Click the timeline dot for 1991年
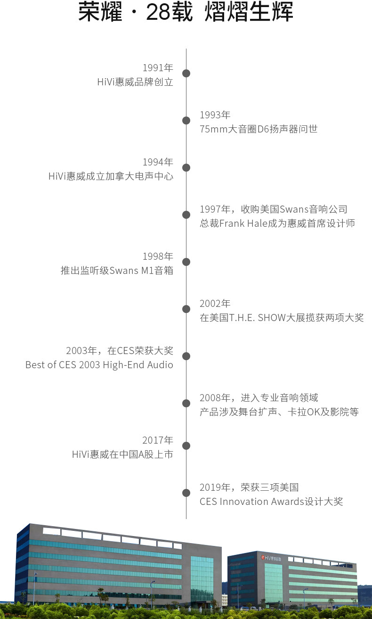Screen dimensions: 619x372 tap(186, 73)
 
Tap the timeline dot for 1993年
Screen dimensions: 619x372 tap(186, 120)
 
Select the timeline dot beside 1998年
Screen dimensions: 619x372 tap(186, 262)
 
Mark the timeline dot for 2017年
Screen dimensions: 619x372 tap(186, 446)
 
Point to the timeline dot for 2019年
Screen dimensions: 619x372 tap(186, 493)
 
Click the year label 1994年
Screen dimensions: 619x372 tap(158, 162)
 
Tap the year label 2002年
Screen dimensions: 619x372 tap(215, 304)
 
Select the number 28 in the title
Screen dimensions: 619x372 tap(158, 13)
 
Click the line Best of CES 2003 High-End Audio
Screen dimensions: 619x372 tap(99, 365)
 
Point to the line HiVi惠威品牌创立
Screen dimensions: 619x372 tap(135, 82)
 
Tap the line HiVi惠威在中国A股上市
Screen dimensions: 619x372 tap(122, 454)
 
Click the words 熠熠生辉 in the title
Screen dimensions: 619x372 tap(249, 13)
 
